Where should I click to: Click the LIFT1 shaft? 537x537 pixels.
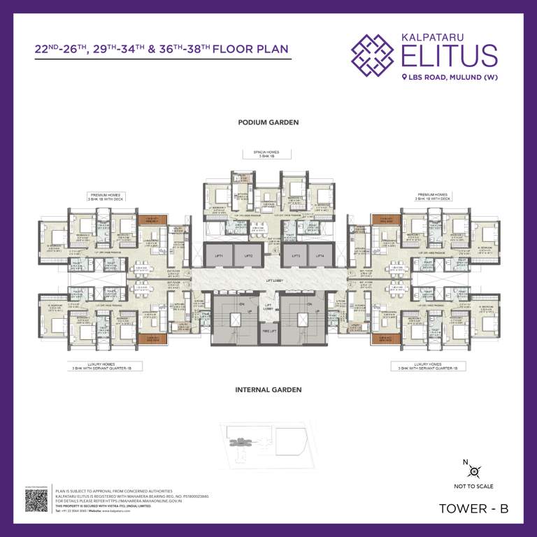click(x=219, y=257)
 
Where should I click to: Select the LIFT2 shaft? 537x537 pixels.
click(x=248, y=257)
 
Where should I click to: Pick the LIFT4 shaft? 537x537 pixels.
click(x=320, y=257)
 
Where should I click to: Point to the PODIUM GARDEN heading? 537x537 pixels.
click(x=268, y=122)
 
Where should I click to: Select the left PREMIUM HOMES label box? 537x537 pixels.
click(x=106, y=196)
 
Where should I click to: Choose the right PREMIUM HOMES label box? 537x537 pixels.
click(x=433, y=196)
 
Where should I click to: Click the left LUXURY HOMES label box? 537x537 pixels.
click(x=105, y=366)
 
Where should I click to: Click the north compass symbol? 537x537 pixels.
click(x=473, y=471)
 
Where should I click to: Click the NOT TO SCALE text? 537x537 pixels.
click(x=473, y=486)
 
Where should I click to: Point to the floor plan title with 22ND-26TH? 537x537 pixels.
click(x=161, y=50)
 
